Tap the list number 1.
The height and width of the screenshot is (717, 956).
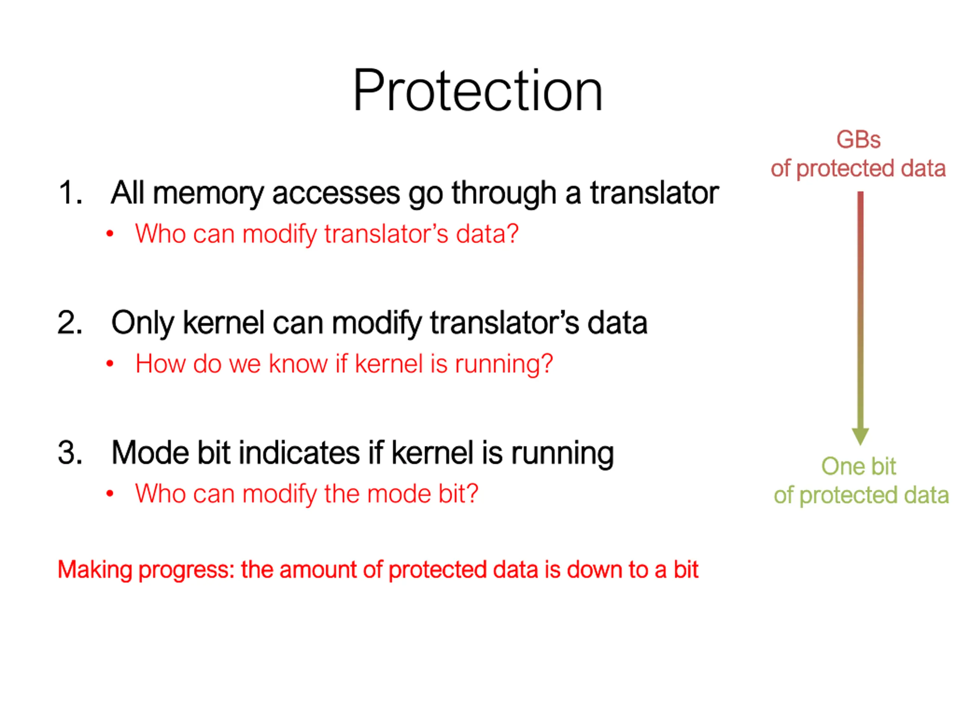pyautogui.click(x=69, y=192)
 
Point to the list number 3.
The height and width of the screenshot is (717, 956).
pyautogui.click(x=69, y=453)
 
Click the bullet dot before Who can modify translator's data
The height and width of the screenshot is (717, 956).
pyautogui.click(x=110, y=234)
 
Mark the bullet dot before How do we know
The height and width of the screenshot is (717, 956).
pyautogui.click(x=110, y=364)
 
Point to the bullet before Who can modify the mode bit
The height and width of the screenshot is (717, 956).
pyautogui.click(x=110, y=494)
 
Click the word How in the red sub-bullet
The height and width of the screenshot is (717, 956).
pyautogui.click(x=160, y=363)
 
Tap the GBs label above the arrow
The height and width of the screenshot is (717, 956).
pyautogui.click(x=858, y=140)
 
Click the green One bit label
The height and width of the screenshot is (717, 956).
pyautogui.click(x=858, y=466)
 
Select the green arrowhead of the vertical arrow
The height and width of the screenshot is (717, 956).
pyautogui.click(x=860, y=436)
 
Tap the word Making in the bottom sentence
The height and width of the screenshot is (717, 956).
pyautogui.click(x=94, y=569)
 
